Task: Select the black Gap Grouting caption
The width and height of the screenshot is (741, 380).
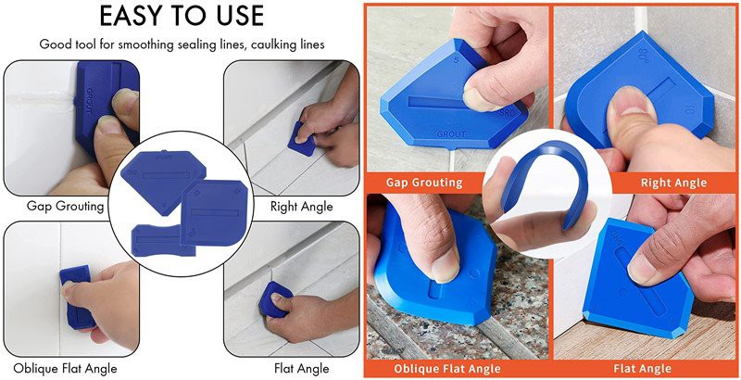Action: coord(65,206)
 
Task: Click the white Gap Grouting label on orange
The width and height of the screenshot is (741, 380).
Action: coord(424,182)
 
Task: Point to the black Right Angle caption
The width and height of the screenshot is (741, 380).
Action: coord(302,207)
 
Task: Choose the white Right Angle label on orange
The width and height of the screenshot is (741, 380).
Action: coord(673,183)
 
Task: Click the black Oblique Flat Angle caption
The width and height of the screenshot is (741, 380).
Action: coord(65,368)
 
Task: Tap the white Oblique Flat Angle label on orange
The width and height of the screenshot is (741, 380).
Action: coord(447,368)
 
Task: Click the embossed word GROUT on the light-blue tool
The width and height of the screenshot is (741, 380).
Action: coord(451,133)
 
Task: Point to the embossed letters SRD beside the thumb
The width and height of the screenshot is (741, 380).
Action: coord(506,113)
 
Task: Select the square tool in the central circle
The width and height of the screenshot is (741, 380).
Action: coord(214,212)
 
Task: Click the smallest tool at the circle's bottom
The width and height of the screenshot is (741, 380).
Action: coord(160,241)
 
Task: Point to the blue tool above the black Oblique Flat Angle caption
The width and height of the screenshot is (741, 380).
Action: coord(77,297)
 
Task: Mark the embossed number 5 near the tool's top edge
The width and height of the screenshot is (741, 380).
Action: coord(456,60)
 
